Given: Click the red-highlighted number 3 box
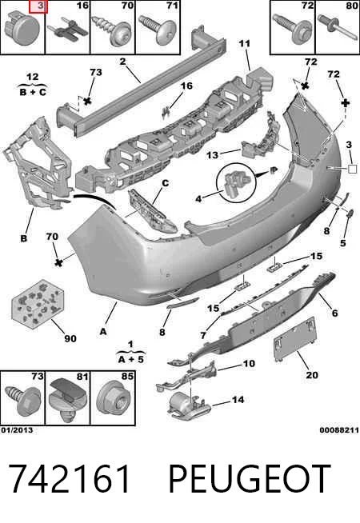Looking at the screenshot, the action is click(x=38, y=6).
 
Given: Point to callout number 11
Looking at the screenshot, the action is click(x=244, y=43).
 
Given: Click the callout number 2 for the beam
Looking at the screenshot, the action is click(x=122, y=62).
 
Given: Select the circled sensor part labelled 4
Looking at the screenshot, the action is click(x=236, y=182).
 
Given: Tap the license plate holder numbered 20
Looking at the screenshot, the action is click(x=294, y=338).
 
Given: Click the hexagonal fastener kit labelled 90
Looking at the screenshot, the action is click(x=38, y=304).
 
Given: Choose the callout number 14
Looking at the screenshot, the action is click(x=238, y=399).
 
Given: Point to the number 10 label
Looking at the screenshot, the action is click(x=249, y=363).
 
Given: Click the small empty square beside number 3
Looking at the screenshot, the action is click(x=352, y=169).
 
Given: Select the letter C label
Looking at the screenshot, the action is click(x=165, y=183).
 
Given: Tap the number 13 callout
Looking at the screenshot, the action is click(x=212, y=155).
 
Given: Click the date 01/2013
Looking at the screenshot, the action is click(x=17, y=430).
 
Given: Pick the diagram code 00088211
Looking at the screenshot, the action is click(x=339, y=430).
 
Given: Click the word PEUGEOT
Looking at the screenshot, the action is click(x=250, y=479).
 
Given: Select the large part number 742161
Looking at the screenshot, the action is click(x=69, y=479).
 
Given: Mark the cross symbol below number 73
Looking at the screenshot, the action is click(x=87, y=101).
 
